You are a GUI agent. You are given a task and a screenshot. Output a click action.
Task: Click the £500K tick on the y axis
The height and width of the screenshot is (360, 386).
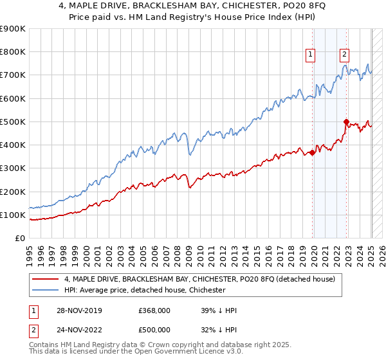tap(13, 122)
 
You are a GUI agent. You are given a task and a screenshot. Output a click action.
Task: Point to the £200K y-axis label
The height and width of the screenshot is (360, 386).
tap(13, 192)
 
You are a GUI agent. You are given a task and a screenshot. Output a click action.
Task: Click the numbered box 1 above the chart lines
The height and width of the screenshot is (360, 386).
tap(311, 55)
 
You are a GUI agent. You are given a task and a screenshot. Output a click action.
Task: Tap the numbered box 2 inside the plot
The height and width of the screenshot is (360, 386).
tap(345, 55)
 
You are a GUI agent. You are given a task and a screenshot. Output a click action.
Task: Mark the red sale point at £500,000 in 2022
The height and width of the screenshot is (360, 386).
tap(346, 122)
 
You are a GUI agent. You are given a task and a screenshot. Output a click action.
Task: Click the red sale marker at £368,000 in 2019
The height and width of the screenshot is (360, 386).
tap(312, 152)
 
